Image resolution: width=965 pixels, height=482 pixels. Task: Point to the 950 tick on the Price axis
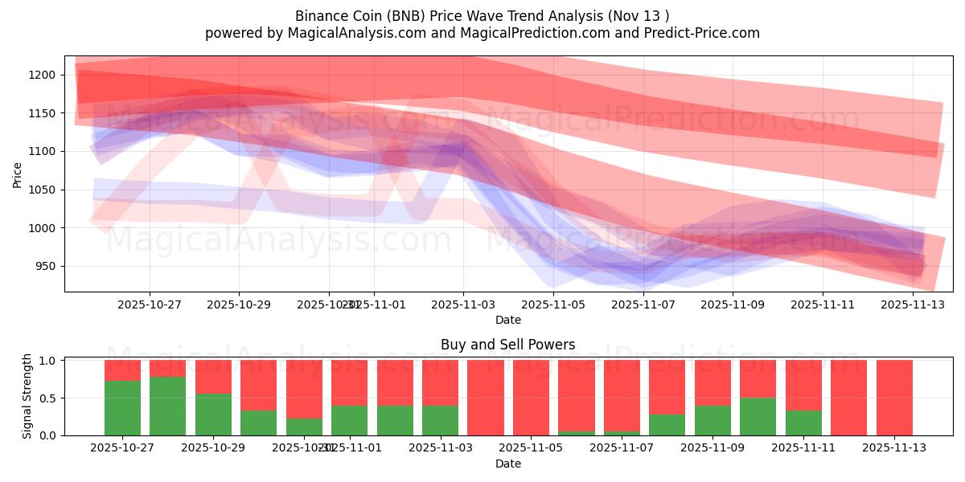(44, 266)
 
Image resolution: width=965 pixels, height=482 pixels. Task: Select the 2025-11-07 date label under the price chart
(643, 304)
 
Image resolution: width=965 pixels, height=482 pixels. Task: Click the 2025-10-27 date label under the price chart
(150, 304)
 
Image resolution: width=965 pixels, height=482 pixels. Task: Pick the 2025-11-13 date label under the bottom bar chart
(895, 448)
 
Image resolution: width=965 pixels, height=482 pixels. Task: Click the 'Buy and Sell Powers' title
(507, 345)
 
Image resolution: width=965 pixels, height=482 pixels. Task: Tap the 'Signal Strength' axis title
(27, 396)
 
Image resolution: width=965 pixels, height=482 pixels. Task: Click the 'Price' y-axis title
(18, 174)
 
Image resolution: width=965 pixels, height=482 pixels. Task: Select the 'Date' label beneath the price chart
(507, 320)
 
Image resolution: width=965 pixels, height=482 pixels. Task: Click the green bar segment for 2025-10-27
(122, 408)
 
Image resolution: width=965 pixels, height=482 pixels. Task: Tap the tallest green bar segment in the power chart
(167, 406)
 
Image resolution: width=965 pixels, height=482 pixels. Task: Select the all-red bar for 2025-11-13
(894, 398)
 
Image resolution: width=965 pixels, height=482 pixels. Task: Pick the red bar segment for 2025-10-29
(213, 377)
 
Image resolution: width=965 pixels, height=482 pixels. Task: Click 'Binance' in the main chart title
(322, 16)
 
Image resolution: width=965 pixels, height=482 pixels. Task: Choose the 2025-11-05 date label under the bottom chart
(532, 448)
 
